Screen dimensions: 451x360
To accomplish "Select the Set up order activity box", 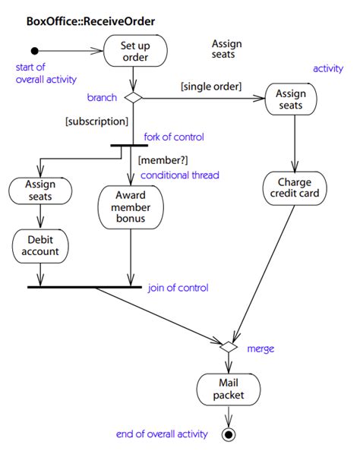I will coord(134,52).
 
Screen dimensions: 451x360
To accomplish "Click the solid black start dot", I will coord(34,52).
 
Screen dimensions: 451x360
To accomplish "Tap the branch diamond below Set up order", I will coord(134,97).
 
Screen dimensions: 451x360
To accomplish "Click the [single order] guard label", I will coord(210,87).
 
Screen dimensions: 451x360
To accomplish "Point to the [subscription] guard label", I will coord(96,121).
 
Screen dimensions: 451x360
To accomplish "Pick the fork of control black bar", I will coord(128,145).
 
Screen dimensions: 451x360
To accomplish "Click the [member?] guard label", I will coord(162,159).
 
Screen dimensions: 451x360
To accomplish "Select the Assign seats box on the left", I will coord(41,191).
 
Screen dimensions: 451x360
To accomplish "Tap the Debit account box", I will coord(41,244).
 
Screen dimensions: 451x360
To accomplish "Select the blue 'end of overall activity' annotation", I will coord(161,434).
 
